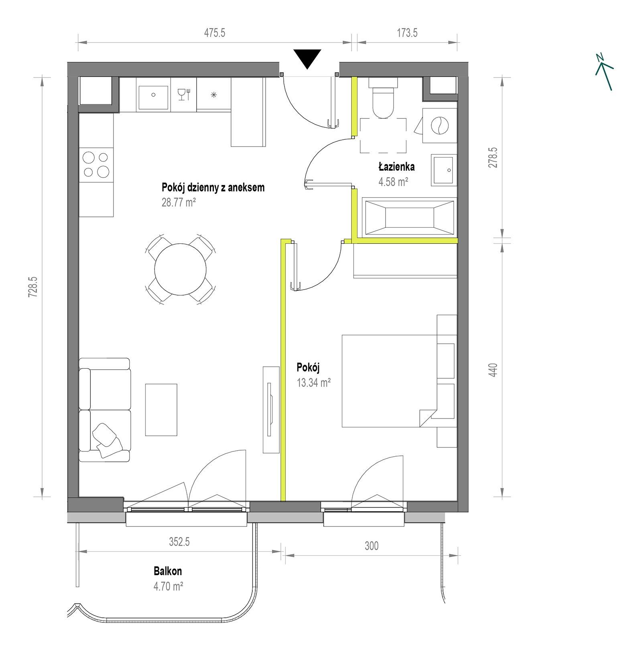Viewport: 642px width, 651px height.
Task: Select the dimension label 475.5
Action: [215, 33]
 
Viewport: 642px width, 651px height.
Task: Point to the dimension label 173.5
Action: [407, 33]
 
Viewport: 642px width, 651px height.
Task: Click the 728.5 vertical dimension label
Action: [33, 287]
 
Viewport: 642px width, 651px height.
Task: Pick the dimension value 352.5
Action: [179, 542]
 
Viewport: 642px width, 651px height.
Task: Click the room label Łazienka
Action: [396, 166]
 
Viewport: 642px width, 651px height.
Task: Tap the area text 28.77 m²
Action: [179, 202]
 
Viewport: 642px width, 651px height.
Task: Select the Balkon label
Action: [168, 571]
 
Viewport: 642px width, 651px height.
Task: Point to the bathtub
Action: [409, 217]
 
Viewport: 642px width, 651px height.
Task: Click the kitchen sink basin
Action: [153, 94]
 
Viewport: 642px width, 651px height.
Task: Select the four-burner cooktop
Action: [96, 165]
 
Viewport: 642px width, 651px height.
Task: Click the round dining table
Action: [180, 269]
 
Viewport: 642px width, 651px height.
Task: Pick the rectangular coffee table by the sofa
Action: [161, 410]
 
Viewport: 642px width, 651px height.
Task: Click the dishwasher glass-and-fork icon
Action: [184, 94]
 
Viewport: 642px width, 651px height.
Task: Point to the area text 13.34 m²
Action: [314, 383]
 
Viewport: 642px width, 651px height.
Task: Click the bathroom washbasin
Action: [444, 170]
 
